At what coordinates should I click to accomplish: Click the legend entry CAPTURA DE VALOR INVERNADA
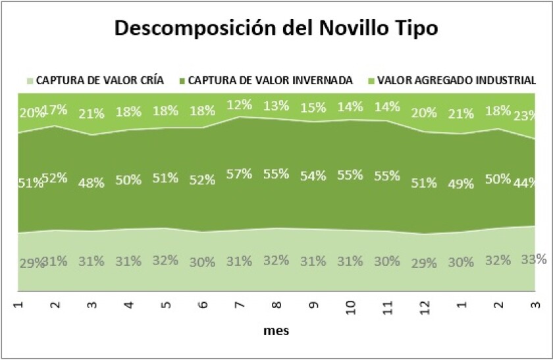click(270, 81)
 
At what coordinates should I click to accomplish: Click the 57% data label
click(239, 174)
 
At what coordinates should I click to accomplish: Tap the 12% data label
click(239, 105)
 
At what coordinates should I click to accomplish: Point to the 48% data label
click(92, 183)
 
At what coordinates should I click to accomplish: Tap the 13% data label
click(275, 106)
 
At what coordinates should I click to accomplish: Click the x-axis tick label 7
click(239, 303)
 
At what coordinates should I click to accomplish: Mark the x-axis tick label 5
click(165, 303)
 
